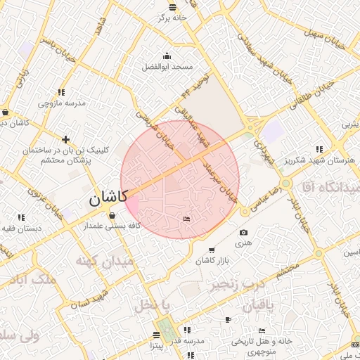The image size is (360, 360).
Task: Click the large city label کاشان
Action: [105, 199]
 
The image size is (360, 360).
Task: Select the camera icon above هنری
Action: [244, 233]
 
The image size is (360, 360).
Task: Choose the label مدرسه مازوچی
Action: [62, 103]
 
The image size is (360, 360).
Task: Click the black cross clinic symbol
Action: [66, 139]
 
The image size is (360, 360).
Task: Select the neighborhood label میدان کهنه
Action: [101, 262]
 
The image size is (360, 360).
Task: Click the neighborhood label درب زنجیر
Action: [232, 286]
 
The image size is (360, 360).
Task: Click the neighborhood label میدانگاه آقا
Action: [330, 186]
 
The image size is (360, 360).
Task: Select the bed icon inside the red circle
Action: [186, 220]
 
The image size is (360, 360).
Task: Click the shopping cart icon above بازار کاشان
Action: [212, 250]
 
